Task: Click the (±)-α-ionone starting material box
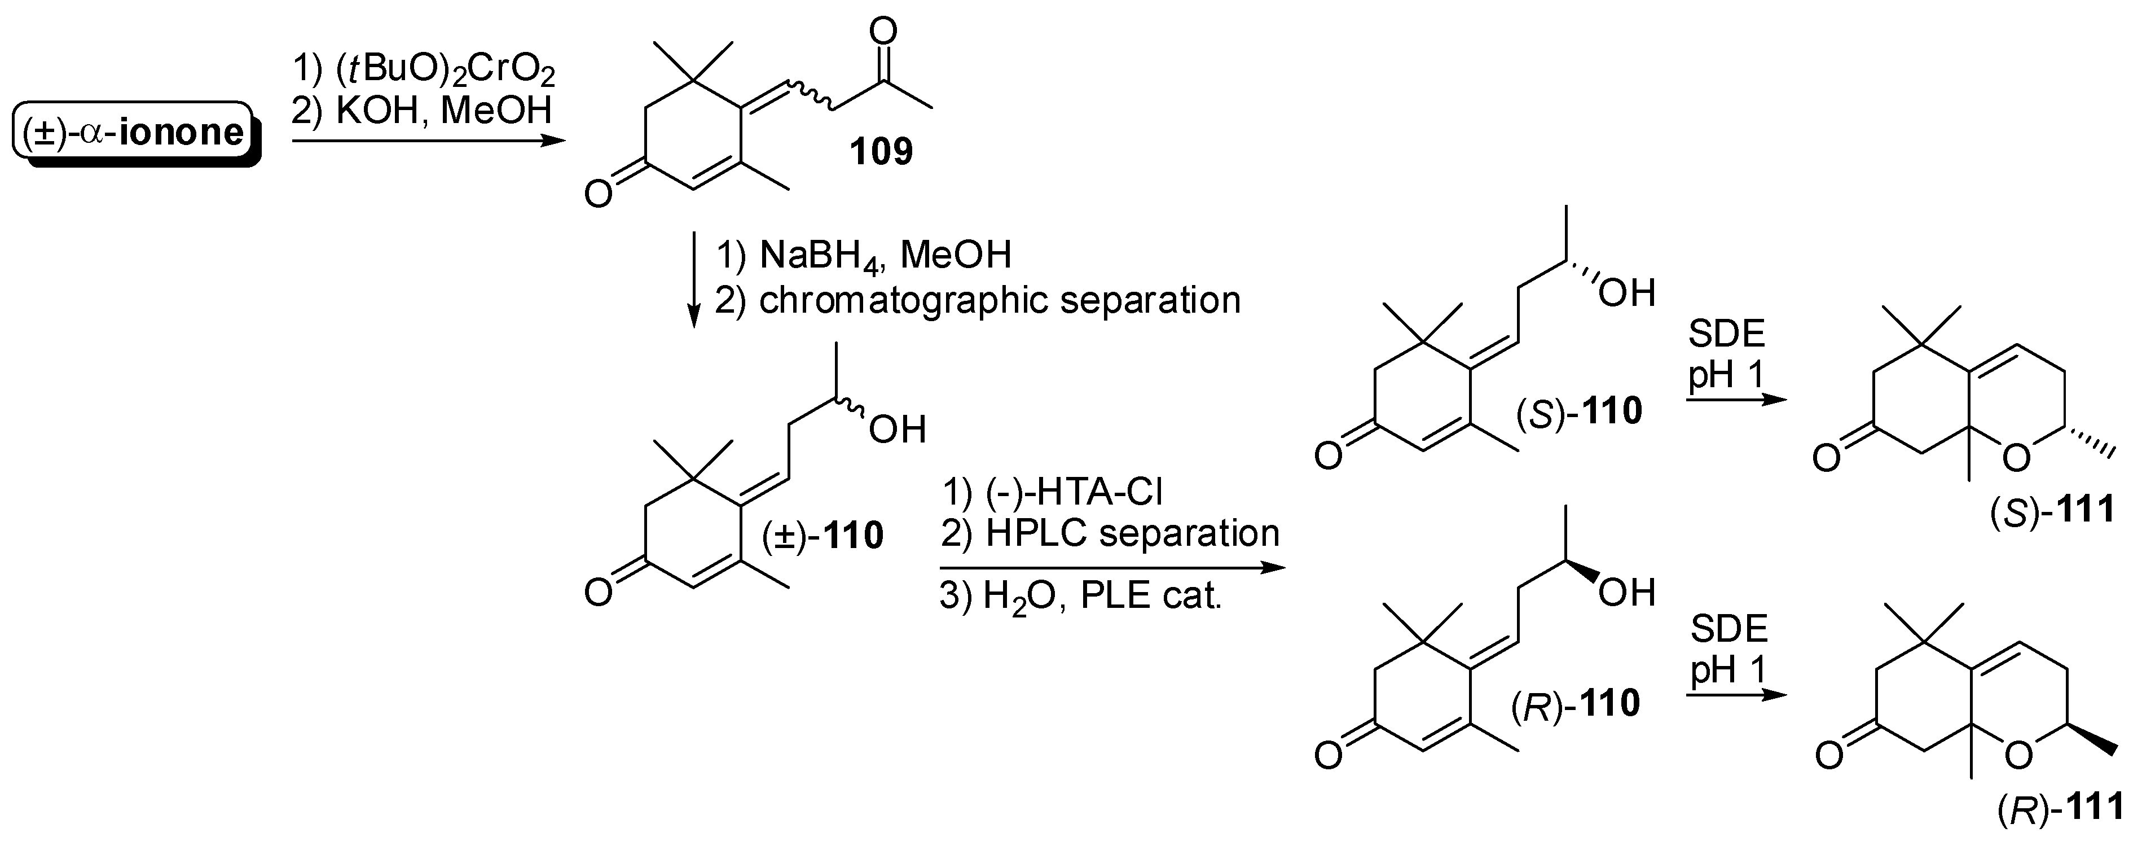click(135, 133)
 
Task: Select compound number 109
click(881, 151)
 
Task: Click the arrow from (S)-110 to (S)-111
click(1736, 400)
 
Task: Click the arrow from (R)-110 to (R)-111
click(1736, 694)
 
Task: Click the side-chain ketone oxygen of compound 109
click(882, 32)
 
